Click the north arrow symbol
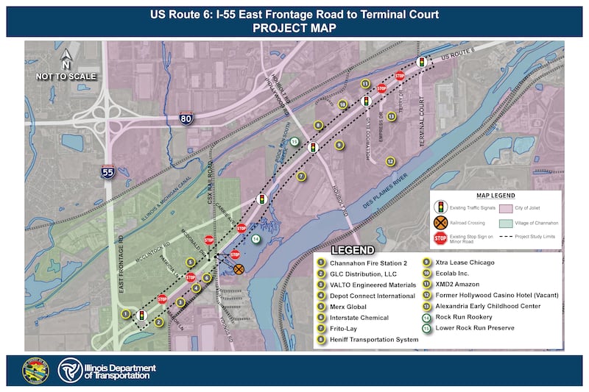pos(66,57)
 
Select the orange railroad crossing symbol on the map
pos(239,269)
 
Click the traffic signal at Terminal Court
pos(421,63)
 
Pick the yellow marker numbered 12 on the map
pos(390,161)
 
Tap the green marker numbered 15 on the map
pos(294,141)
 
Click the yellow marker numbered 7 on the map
pos(301,176)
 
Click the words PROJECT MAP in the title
pos(294,28)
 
